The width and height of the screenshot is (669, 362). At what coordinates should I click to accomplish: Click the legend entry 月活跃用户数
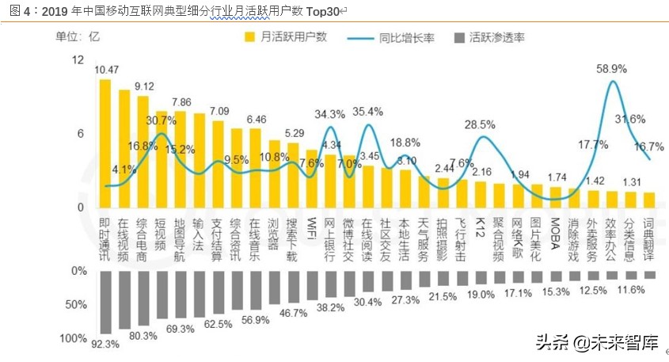pyautogui.click(x=293, y=36)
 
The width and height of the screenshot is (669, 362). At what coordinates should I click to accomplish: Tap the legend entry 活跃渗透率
pyautogui.click(x=496, y=36)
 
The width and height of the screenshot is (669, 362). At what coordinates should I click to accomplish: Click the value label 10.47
pyautogui.click(x=105, y=70)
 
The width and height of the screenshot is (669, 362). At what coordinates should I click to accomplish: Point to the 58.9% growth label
pyautogui.click(x=611, y=69)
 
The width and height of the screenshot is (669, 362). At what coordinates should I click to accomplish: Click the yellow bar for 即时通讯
pyautogui.click(x=105, y=143)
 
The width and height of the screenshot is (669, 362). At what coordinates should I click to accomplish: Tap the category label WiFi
pyautogui.click(x=312, y=228)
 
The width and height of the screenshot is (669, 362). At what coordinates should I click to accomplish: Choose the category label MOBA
pyautogui.click(x=556, y=231)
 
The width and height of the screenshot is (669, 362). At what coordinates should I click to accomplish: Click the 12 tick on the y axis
pyautogui.click(x=78, y=60)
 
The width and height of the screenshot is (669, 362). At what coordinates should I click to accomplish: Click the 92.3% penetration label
pyautogui.click(x=105, y=345)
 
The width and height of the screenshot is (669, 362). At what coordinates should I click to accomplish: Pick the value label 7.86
pyautogui.click(x=181, y=102)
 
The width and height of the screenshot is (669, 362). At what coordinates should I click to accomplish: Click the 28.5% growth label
pyautogui.click(x=480, y=124)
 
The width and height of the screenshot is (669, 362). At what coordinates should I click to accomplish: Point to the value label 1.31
pyautogui.click(x=631, y=182)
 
